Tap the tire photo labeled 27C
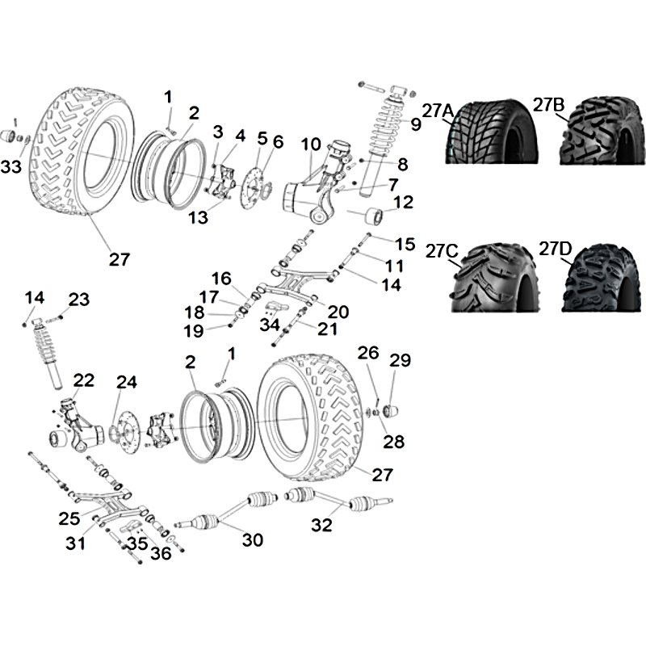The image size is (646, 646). coord(493,277)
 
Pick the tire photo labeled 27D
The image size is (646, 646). coord(602,278)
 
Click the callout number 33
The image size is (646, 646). coord(11,167)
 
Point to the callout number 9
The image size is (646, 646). coord(415,124)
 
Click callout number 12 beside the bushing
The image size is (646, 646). coord(403,202)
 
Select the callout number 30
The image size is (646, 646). coord(252,539)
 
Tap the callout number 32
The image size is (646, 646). coord(321,525)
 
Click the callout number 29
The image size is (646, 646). coord(400,360)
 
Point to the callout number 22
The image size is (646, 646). coord(84,380)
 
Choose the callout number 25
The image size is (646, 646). coord(69,518)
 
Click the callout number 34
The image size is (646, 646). coord(270,325)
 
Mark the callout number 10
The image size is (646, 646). coord(311,145)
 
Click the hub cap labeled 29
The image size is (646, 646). coord(392,411)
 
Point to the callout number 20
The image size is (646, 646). coord(338,312)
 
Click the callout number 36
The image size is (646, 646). coord(161,553)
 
